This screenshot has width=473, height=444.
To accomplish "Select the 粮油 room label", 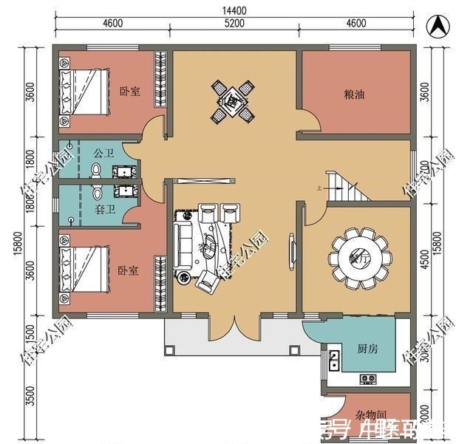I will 353,95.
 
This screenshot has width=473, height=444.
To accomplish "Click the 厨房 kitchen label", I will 367,349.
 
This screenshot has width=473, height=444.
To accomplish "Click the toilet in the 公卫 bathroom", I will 95,171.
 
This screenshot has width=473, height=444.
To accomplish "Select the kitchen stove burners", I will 368,379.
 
